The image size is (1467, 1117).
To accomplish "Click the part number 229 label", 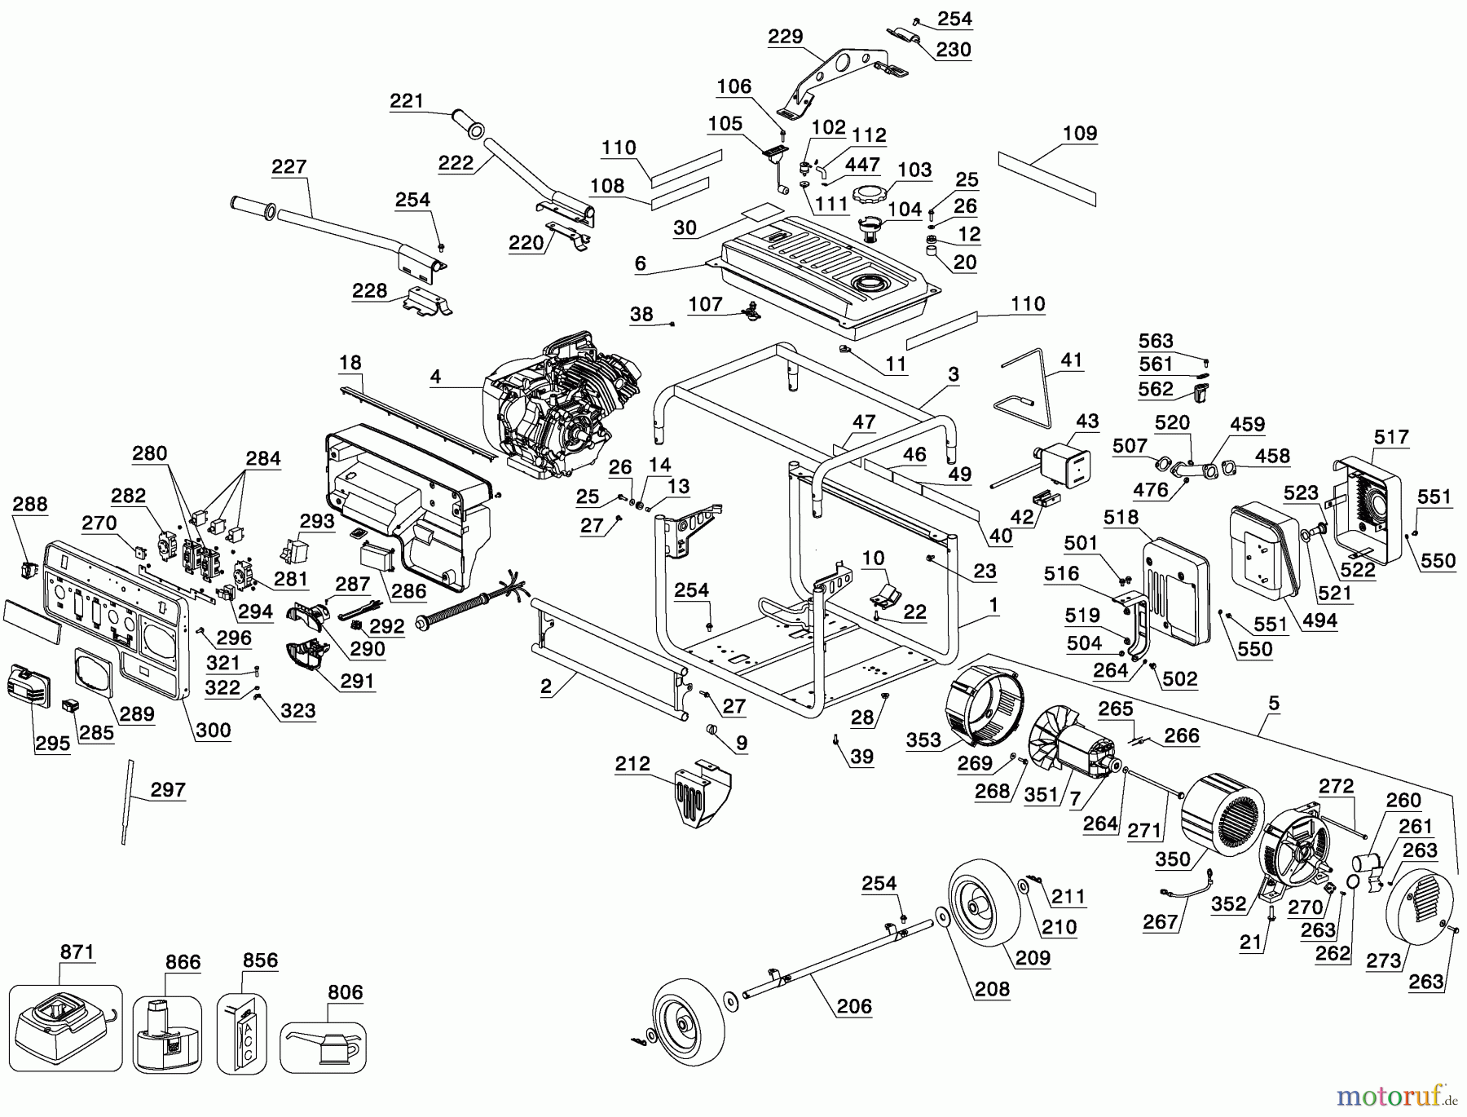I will pyautogui.click(x=785, y=37).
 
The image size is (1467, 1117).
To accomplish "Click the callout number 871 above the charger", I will pyautogui.click(x=77, y=952).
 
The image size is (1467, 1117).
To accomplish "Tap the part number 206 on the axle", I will pyautogui.click(x=853, y=1006).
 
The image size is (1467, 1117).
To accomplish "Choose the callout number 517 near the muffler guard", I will pyautogui.click(x=1391, y=437).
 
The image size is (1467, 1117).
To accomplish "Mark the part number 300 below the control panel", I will pyautogui.click(x=214, y=730).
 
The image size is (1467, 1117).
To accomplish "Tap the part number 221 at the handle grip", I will pyautogui.click(x=407, y=101).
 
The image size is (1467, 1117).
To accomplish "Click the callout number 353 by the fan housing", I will pyautogui.click(x=923, y=740).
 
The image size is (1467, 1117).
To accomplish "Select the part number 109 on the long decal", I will pyautogui.click(x=1080, y=133).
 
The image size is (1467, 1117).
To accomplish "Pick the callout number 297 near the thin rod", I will pyautogui.click(x=168, y=789).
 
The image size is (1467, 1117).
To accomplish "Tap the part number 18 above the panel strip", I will pyautogui.click(x=350, y=362).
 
